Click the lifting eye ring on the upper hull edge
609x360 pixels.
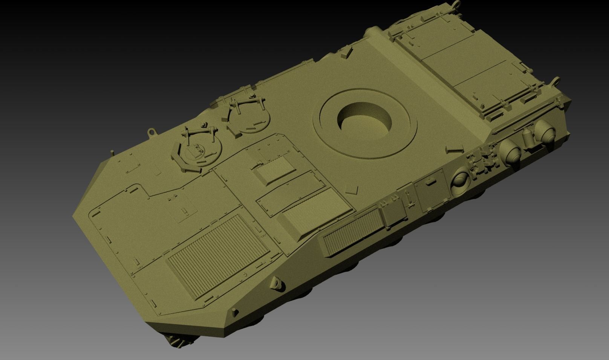click(x=152, y=132)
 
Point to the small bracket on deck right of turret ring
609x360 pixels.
click(x=449, y=150)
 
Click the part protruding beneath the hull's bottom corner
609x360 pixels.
click(x=179, y=341)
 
